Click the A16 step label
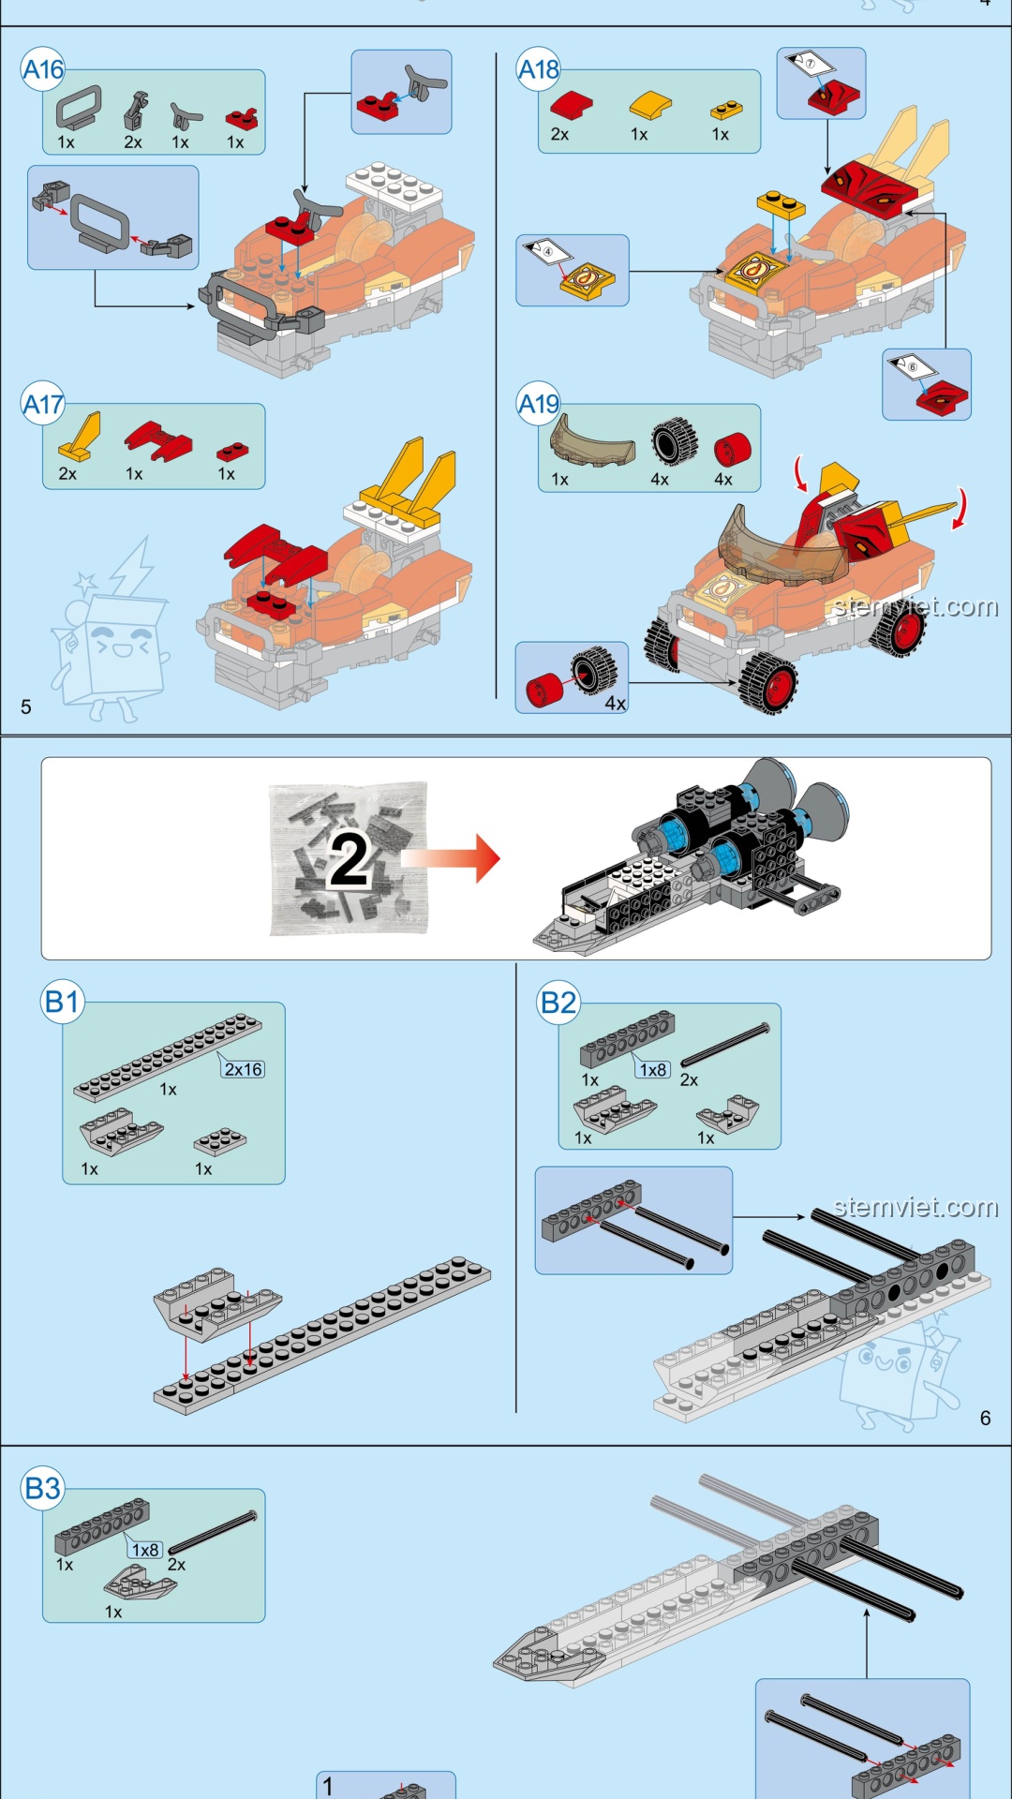tap(43, 70)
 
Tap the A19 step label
tap(539, 404)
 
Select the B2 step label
tap(558, 1003)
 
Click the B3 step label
tap(43, 1488)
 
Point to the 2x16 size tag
tap(243, 1069)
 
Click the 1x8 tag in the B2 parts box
tap(653, 1070)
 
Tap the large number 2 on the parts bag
tap(349, 860)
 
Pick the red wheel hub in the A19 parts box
tap(733, 450)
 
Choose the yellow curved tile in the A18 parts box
tap(649, 105)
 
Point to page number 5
tap(26, 706)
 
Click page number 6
tap(985, 1419)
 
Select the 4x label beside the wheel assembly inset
tap(615, 703)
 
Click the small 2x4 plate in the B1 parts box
tap(220, 1141)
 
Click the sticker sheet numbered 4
tap(547, 251)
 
